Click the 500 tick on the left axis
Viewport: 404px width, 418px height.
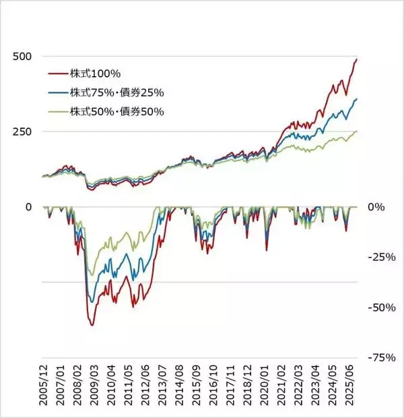22,57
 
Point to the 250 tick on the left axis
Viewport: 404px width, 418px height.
22,131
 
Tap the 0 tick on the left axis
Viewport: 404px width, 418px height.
28,207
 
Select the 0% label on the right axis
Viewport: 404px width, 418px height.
376,207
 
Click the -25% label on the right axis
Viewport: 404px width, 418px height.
382,258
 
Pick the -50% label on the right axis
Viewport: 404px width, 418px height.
382,308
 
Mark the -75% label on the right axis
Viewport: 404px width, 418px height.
382,358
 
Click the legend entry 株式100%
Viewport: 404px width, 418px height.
96,73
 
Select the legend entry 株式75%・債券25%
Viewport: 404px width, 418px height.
117,93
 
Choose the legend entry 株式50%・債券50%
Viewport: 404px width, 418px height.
117,112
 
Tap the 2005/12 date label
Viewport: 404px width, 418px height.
44,386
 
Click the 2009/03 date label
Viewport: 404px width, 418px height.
94,386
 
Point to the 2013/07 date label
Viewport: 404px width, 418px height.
162,386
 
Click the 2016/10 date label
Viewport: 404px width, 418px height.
213,386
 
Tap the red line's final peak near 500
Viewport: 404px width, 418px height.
357,59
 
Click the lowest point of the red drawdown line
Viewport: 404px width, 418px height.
92,326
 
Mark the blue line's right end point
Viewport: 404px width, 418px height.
357,99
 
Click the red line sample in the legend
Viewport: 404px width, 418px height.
58,74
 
